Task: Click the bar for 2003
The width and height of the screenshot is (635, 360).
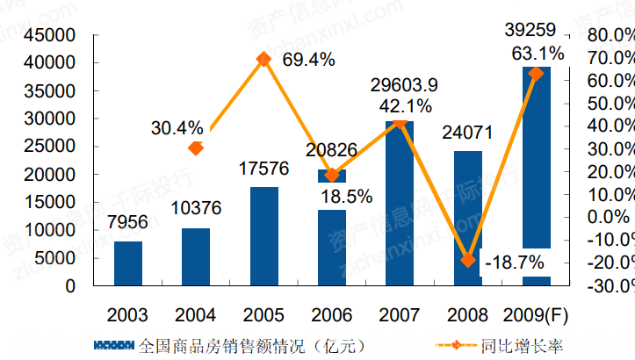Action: pyautogui.click(x=128, y=263)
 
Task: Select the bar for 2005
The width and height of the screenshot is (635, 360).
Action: pyautogui.click(x=264, y=236)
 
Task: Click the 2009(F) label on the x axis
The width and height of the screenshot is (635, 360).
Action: pyautogui.click(x=536, y=313)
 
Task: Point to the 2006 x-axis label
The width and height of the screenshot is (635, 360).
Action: pyautogui.click(x=332, y=313)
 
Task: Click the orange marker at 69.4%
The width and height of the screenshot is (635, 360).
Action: pyautogui.click(x=263, y=59)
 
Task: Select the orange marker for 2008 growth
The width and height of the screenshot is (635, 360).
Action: pyautogui.click(x=468, y=260)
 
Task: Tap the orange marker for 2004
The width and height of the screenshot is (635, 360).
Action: pyautogui.click(x=196, y=148)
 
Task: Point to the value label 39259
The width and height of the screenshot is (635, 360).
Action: pyautogui.click(x=536, y=31)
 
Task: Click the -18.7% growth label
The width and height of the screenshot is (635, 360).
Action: pyautogui.click(x=514, y=262)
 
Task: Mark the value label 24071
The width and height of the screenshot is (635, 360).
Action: pyautogui.click(x=468, y=134)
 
